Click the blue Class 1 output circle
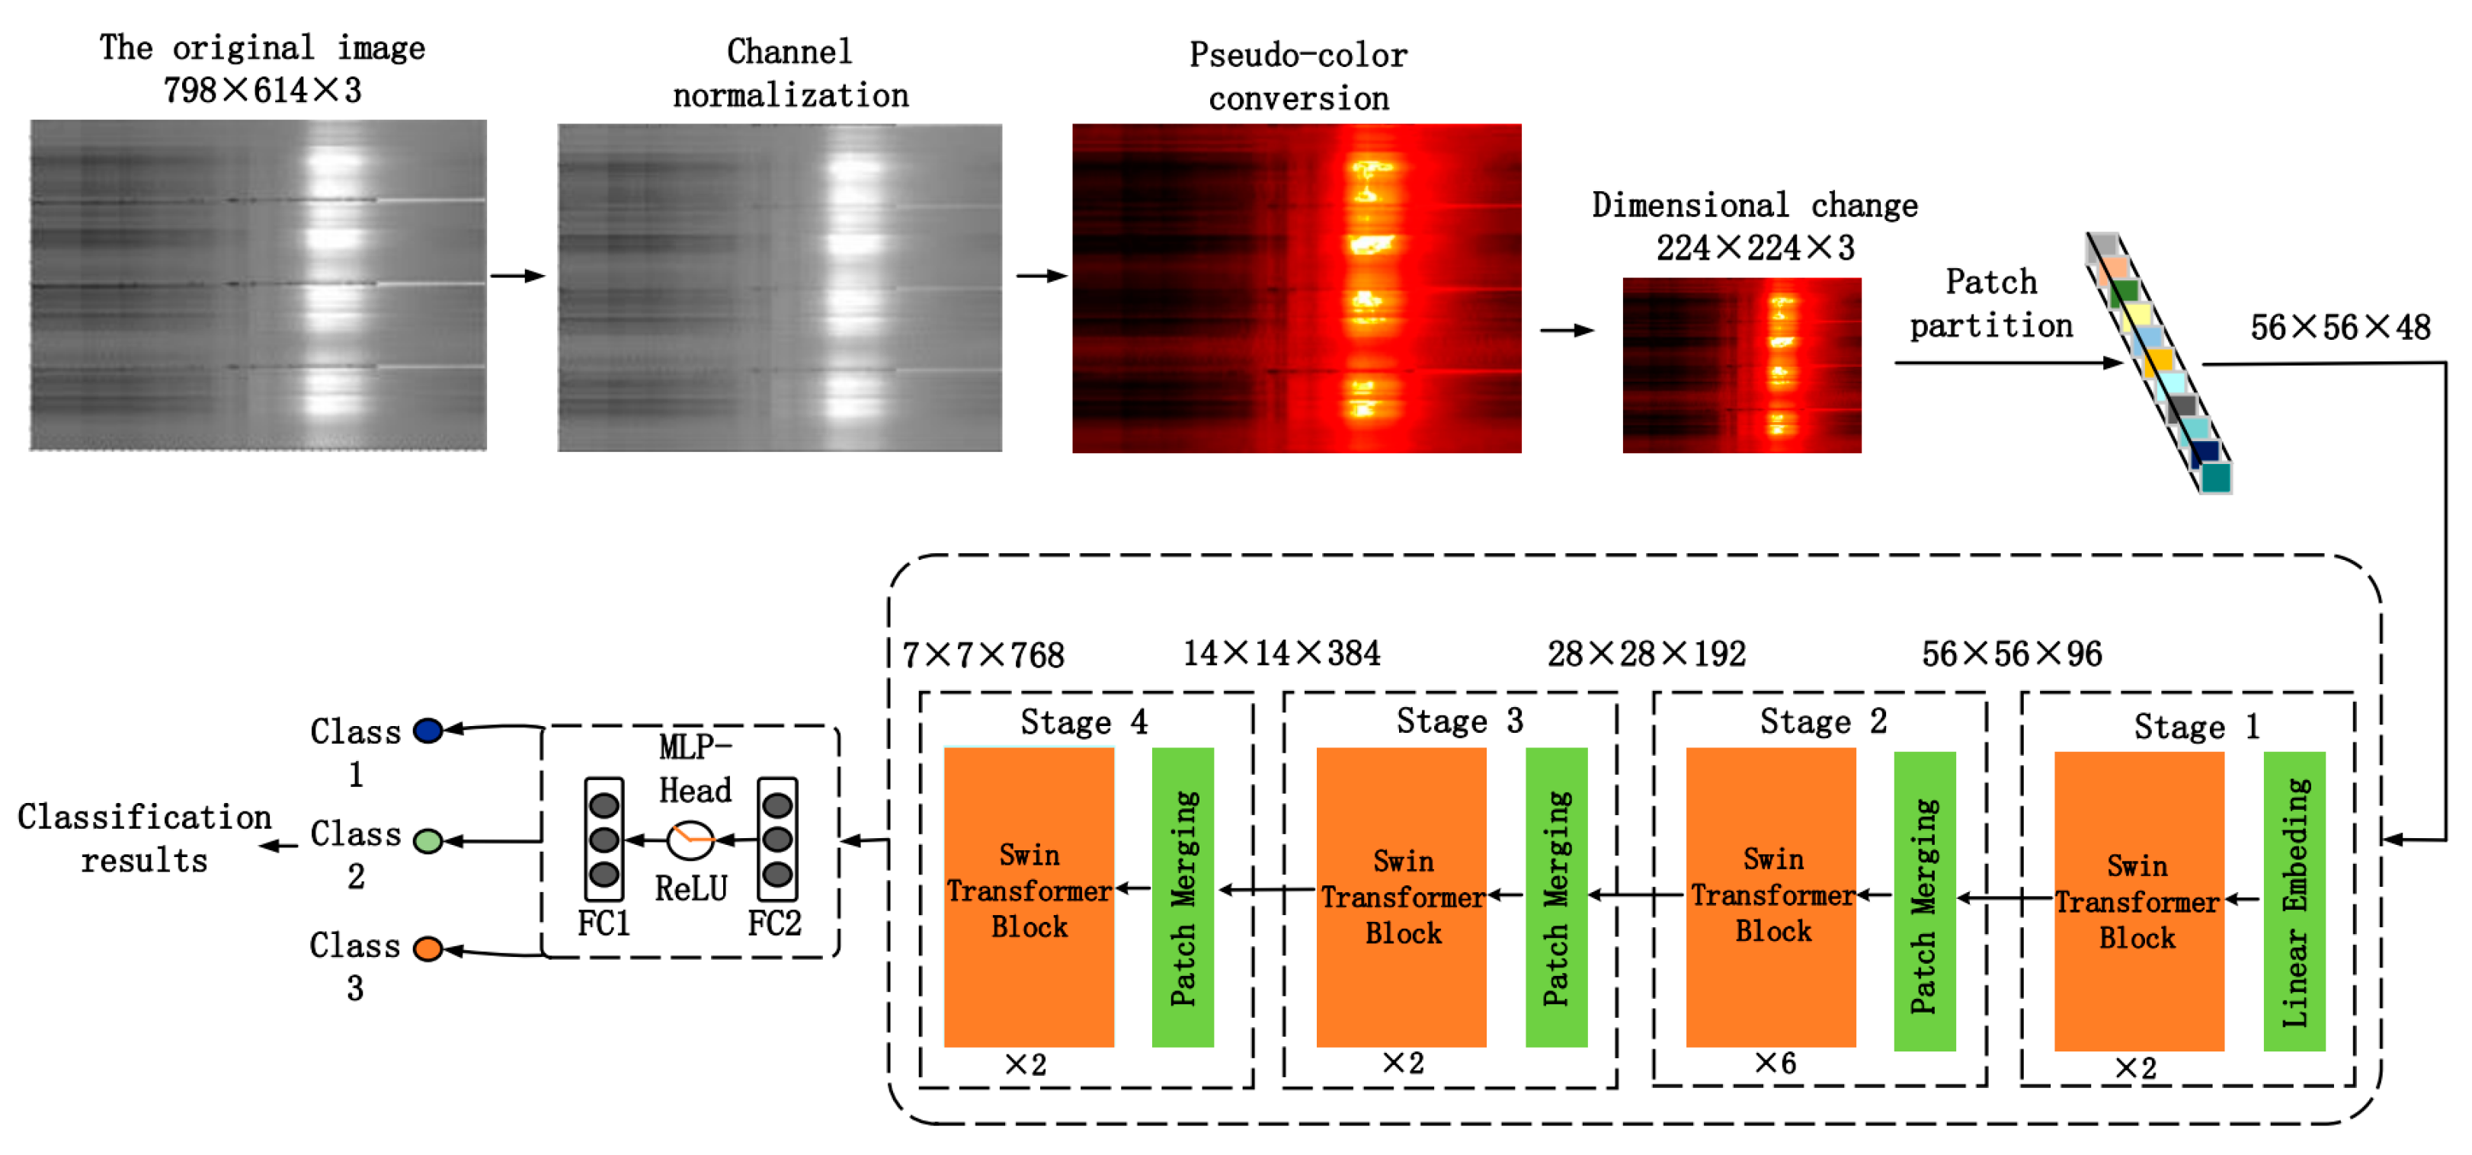tap(428, 731)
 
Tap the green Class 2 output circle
tap(428, 841)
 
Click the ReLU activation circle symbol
tap(690, 841)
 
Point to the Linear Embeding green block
tap(2294, 902)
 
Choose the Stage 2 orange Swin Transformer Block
tap(1770, 897)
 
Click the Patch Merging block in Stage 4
tap(1182, 897)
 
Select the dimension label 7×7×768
tap(984, 655)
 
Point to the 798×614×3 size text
tap(262, 90)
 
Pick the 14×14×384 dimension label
tap(1281, 653)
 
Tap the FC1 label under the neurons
tap(604, 923)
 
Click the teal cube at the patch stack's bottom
tap(2215, 477)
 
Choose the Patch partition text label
tap(1990, 304)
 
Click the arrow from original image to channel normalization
tap(518, 277)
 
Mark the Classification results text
tap(144, 838)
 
